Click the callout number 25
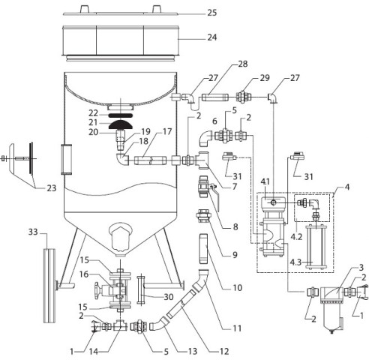212,13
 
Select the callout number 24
212,37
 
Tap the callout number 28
243,64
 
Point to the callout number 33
33,232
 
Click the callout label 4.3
295,262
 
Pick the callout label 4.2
296,236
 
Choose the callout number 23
52,188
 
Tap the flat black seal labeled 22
120,115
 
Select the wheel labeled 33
49,286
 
